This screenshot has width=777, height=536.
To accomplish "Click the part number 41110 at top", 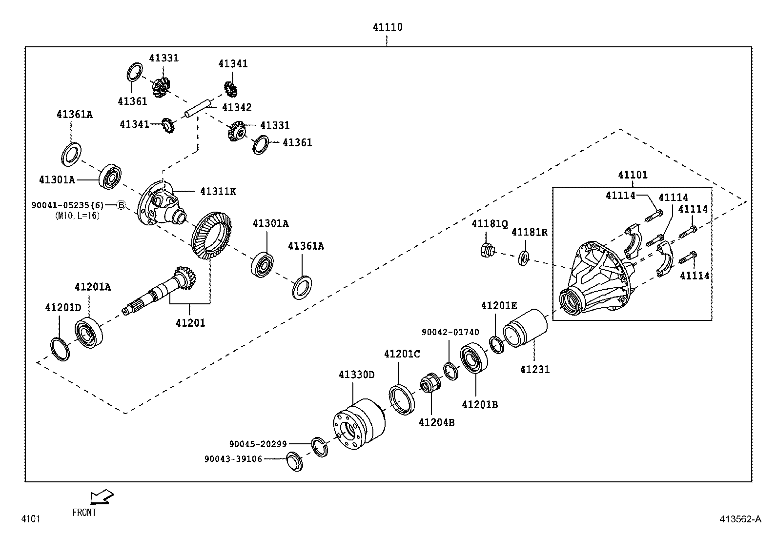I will pyautogui.click(x=388, y=27).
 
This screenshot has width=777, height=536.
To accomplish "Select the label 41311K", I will pyautogui.click(x=218, y=191).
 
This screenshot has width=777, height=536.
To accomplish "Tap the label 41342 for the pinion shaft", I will pyautogui.click(x=237, y=107).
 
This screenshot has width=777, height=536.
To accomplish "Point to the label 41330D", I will pyautogui.click(x=356, y=375).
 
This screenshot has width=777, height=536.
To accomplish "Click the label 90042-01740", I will pyautogui.click(x=450, y=332).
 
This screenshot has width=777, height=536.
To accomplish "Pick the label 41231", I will pyautogui.click(x=534, y=370).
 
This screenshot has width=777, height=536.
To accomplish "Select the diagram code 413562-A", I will pyautogui.click(x=739, y=519).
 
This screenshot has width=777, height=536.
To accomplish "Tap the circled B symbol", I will pyautogui.click(x=122, y=205).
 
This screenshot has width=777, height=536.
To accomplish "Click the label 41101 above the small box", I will pyautogui.click(x=633, y=175).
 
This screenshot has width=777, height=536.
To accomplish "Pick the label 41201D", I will pyautogui.click(x=63, y=308).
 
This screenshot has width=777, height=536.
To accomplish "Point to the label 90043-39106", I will pyautogui.click(x=233, y=459).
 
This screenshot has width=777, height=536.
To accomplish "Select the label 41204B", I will pyautogui.click(x=436, y=422).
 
